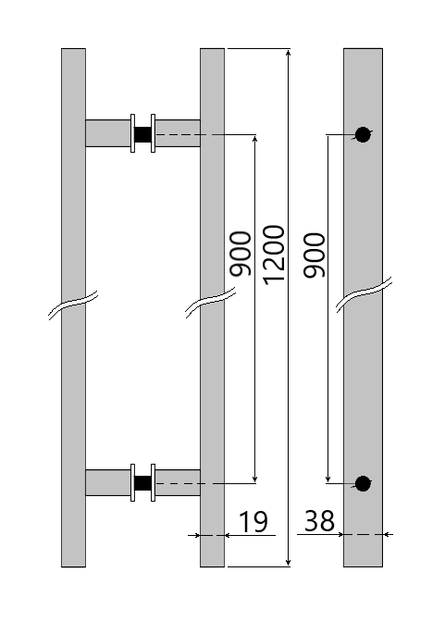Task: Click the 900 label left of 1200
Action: (x=241, y=254)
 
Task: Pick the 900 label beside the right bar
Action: (x=315, y=254)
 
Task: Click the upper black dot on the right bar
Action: (x=363, y=134)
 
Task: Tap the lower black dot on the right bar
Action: (x=363, y=483)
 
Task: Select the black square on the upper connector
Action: (x=142, y=134)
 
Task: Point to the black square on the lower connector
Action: (x=142, y=482)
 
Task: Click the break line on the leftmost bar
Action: (x=73, y=307)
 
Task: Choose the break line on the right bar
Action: (x=363, y=292)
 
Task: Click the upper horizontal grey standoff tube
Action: (x=107, y=133)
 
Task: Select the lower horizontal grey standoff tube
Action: (x=107, y=482)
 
